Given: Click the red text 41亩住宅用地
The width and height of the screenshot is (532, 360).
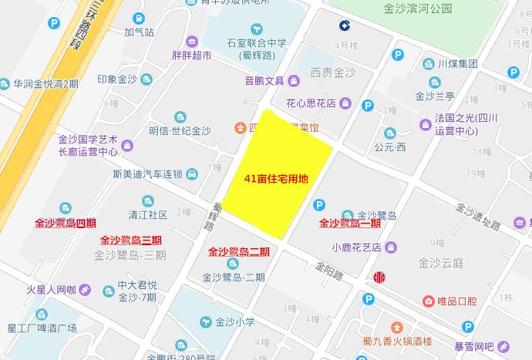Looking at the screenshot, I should pos(276,179).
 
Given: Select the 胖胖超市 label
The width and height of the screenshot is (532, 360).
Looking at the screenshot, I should pos(191,56).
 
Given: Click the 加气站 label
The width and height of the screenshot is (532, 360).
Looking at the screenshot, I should pos(139,33).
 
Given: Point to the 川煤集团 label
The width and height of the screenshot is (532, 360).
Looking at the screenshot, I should pos(458,64).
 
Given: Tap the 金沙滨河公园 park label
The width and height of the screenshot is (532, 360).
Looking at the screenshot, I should pos(417,9).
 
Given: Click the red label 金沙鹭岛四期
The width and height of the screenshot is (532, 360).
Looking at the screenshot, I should pos(66,224).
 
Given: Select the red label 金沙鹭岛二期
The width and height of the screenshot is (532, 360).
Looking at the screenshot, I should pos(239,251).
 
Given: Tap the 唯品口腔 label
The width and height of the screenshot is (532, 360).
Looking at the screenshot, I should pos(460,300).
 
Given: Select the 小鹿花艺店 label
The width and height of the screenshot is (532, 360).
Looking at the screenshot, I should pos(357,247).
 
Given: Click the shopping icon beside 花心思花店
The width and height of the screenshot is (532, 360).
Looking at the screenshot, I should pos(346,103).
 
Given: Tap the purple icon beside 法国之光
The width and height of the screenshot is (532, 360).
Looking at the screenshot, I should pos(426,123).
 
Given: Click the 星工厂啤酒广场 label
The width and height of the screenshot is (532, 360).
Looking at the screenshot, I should pos(42,328).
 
